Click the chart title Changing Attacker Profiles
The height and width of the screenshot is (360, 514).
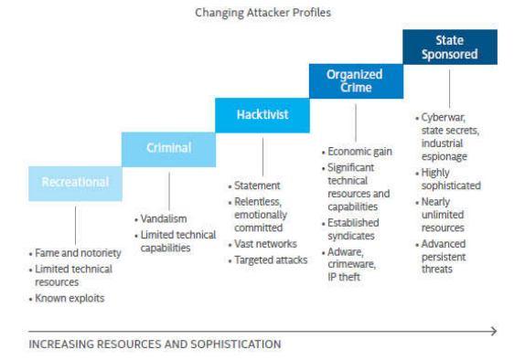262,13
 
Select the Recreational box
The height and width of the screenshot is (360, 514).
75,184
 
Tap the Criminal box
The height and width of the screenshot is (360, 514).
169,149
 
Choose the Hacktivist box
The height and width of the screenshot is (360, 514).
262,115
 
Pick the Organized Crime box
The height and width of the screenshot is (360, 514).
357,81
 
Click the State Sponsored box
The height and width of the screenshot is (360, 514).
450,47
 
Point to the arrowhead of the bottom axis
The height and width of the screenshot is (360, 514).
494,332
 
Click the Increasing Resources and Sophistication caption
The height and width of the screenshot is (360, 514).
155,344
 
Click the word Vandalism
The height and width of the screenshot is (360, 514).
164,218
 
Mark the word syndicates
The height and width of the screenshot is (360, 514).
351,236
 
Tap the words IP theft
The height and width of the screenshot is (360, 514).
344,277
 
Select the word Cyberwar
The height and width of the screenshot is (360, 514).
444,118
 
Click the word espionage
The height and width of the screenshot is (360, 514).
444,156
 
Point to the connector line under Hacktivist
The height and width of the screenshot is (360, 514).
262,157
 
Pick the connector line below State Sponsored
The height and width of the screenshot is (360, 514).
449,89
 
